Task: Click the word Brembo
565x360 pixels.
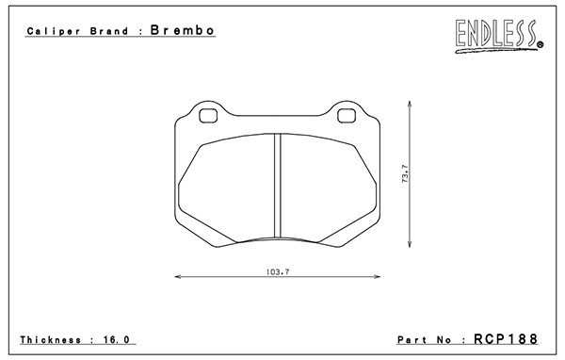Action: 183,30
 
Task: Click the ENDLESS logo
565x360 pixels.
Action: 499,36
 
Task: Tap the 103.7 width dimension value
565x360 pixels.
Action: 278,272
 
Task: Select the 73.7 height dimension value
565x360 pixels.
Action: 405,173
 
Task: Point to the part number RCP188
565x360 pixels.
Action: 506,339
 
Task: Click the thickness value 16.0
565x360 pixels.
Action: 117,340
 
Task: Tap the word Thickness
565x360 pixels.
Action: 51,340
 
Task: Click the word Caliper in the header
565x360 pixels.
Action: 54,31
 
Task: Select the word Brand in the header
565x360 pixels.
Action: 109,31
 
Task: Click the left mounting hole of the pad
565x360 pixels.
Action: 208,115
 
